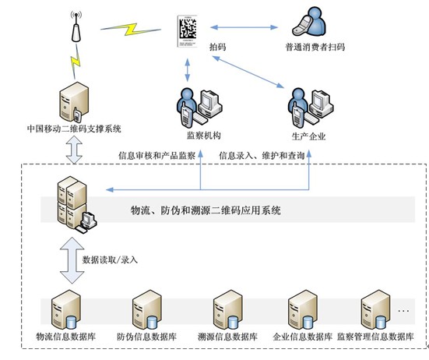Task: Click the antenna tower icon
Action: [76, 26]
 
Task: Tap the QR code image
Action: [188, 31]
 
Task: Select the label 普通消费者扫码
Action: [315, 47]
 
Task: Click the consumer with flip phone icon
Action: [309, 22]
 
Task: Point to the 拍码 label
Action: [217, 47]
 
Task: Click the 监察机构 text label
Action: [203, 136]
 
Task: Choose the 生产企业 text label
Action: [308, 136]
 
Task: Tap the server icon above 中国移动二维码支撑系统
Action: [74, 102]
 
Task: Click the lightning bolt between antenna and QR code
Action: [131, 29]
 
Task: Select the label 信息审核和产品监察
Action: [156, 156]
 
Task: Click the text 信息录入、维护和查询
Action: [262, 156]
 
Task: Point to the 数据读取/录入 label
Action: [110, 259]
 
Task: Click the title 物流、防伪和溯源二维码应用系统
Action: [206, 210]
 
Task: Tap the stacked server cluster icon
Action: [77, 204]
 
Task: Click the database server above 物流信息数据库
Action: [66, 309]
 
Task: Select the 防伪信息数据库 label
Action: [146, 337]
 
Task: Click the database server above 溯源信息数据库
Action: [227, 309]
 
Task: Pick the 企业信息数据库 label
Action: [303, 337]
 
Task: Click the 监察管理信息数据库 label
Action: [375, 337]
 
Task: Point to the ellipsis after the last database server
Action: [403, 311]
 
